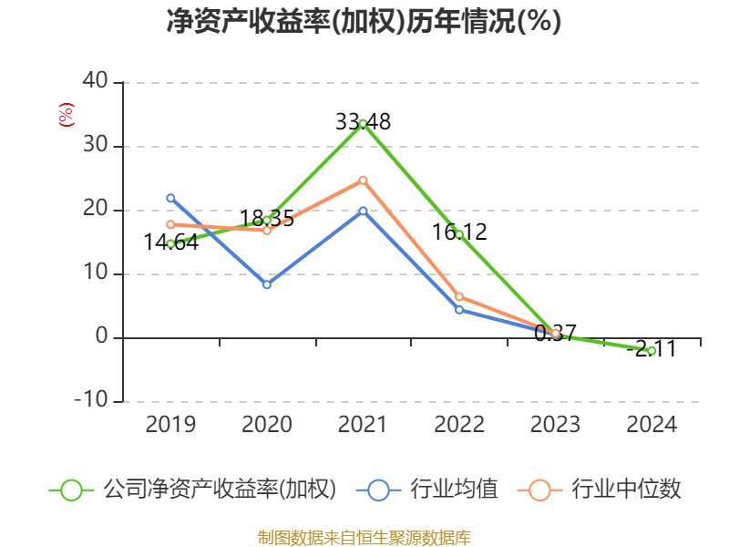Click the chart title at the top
pyautogui.click(x=364, y=22)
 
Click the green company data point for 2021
pyautogui.click(x=363, y=123)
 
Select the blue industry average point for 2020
pyautogui.click(x=267, y=284)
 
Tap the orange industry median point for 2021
pyautogui.click(x=363, y=181)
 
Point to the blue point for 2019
pyautogui.click(x=170, y=198)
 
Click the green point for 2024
pyautogui.click(x=652, y=350)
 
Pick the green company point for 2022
pyautogui.click(x=459, y=234)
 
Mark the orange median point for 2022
pyautogui.click(x=459, y=296)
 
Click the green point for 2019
pyautogui.click(x=170, y=243)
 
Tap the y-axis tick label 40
pyautogui.click(x=95, y=82)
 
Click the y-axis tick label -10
pyautogui.click(x=90, y=401)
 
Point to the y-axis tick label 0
pyautogui.click(x=101, y=337)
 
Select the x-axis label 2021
pyautogui.click(x=363, y=425)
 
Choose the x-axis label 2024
pyautogui.click(x=652, y=425)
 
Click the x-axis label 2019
pyautogui.click(x=170, y=425)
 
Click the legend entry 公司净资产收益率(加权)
pyautogui.click(x=219, y=490)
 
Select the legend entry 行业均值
pyautogui.click(x=454, y=490)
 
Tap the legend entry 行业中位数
pyautogui.click(x=626, y=490)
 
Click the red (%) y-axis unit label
pyautogui.click(x=66, y=115)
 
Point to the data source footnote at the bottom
pyautogui.click(x=364, y=537)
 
